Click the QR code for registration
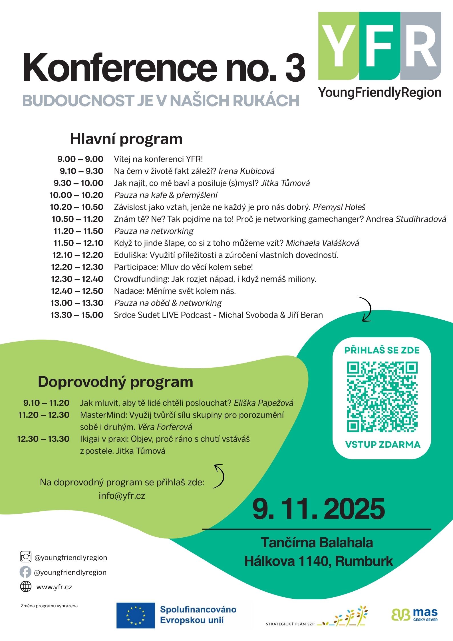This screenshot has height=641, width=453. click(x=382, y=397)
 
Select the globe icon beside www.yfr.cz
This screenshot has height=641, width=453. click(x=26, y=587)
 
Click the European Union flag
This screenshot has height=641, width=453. click(x=136, y=616)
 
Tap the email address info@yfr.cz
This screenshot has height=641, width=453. click(x=122, y=495)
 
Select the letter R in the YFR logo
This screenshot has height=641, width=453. click(x=421, y=45)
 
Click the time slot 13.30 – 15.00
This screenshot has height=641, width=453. click(x=77, y=315)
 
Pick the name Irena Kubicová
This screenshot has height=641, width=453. click(x=246, y=171)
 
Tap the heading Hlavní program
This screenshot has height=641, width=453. click(x=126, y=139)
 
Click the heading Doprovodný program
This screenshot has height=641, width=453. click(x=115, y=382)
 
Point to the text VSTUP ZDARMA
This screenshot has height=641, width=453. click(x=383, y=445)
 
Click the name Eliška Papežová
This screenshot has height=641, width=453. click(x=263, y=403)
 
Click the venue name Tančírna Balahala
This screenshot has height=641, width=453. click(x=317, y=543)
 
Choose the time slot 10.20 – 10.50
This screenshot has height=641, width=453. click(x=76, y=207)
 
